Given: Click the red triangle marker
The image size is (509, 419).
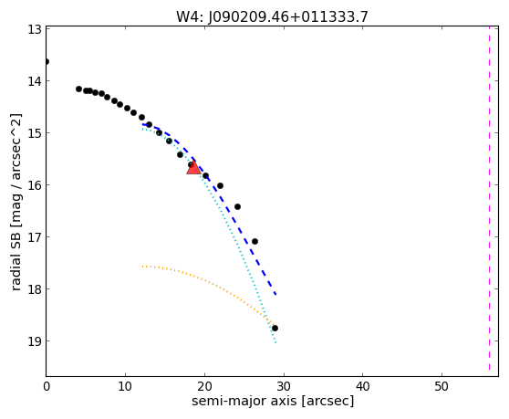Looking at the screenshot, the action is click(193, 168).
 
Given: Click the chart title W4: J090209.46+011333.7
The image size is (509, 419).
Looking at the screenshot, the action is click(272, 17).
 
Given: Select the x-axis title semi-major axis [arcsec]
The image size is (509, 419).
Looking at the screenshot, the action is click(273, 401).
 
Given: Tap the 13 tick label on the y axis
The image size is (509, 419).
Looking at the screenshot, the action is click(35, 29).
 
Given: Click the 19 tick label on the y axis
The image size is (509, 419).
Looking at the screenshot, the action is click(35, 341).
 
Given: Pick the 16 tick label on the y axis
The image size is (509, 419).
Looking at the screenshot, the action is click(35, 185).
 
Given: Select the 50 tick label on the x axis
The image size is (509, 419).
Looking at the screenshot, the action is click(441, 386).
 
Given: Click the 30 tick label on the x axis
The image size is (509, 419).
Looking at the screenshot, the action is click(284, 386).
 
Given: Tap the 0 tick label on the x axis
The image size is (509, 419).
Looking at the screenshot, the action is click(47, 386).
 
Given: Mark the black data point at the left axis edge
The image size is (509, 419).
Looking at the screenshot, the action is click(47, 62).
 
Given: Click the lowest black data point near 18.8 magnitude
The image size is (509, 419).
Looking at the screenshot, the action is click(275, 328).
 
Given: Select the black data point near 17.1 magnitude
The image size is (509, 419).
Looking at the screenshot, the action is click(254, 241).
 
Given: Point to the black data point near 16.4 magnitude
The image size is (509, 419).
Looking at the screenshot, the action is click(237, 206).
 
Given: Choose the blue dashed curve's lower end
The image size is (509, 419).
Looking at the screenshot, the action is click(275, 295).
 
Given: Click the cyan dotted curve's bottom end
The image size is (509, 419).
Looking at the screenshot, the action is click(275, 342).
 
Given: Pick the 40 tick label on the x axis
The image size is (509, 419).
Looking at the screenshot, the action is click(363, 386).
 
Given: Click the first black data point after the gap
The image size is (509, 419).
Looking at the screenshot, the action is click(78, 89).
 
